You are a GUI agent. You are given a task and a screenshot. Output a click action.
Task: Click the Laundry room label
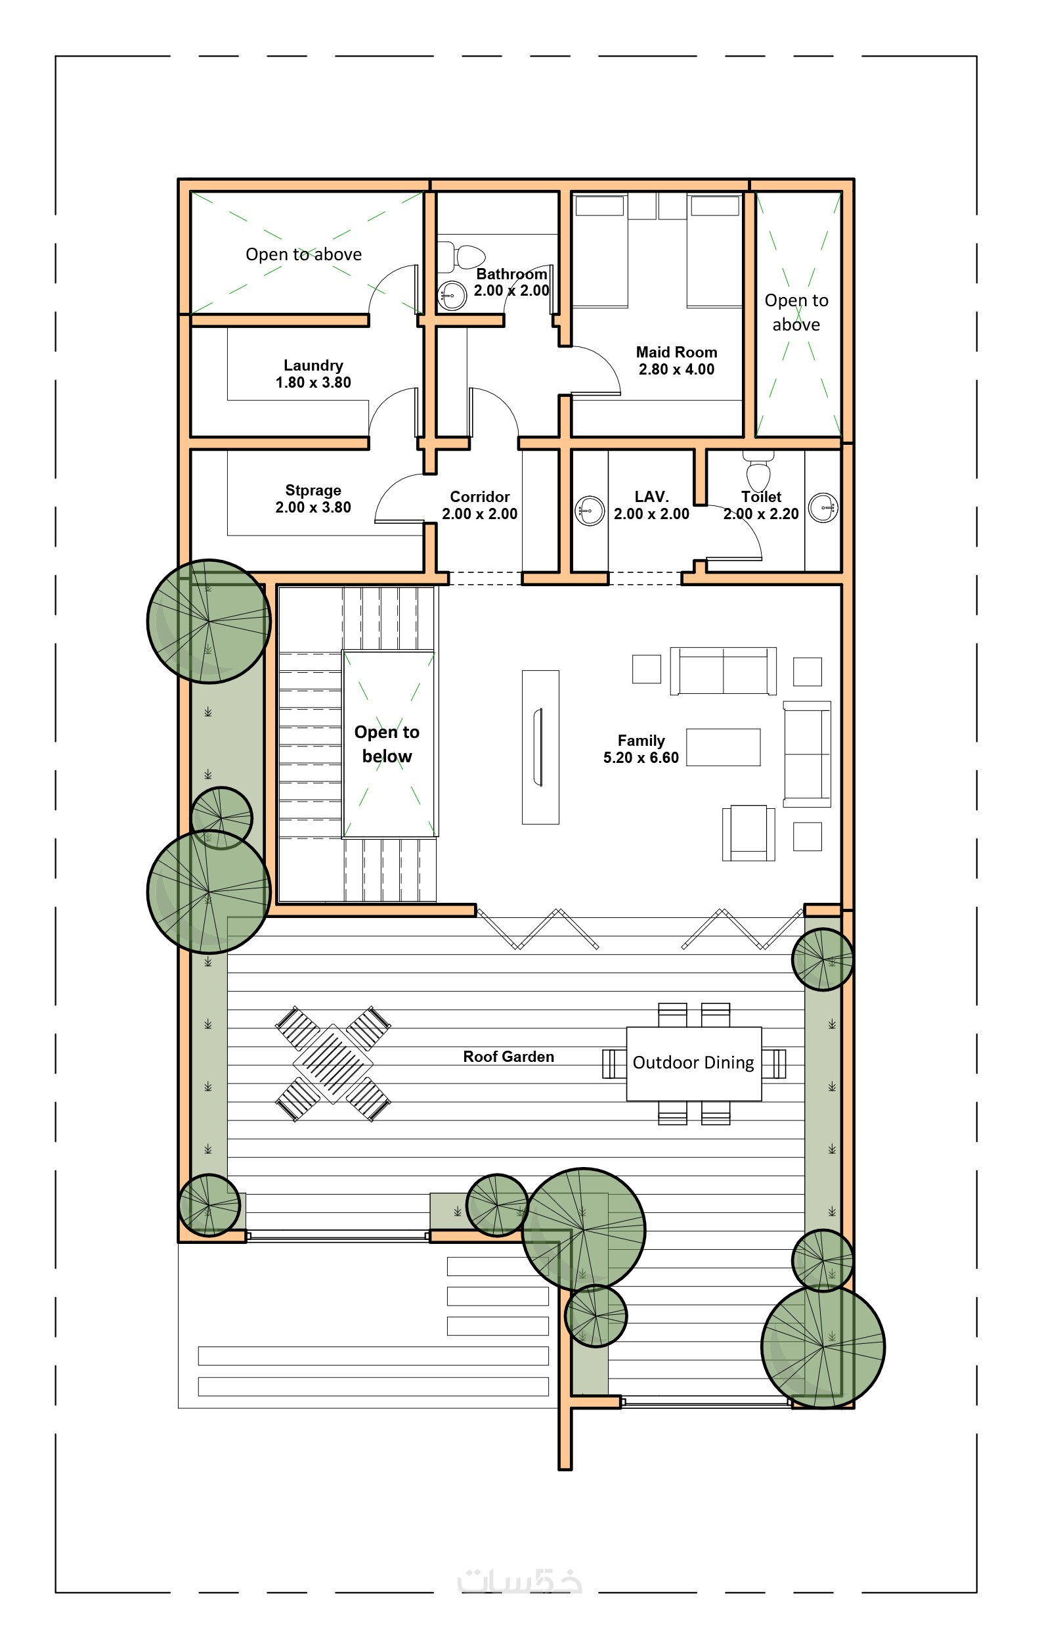click(313, 365)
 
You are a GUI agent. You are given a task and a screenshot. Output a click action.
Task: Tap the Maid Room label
click(676, 352)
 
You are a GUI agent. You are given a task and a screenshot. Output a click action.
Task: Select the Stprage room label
click(313, 491)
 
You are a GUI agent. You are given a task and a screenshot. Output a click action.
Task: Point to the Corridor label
click(479, 497)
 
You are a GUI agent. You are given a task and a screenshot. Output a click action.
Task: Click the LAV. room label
click(652, 497)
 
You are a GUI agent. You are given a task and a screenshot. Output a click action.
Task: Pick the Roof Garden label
click(509, 1057)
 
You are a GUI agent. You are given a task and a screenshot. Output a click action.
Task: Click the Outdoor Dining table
click(693, 1063)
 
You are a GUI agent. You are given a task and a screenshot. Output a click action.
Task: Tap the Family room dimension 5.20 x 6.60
click(641, 758)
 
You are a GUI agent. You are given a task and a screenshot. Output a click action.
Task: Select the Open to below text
click(387, 744)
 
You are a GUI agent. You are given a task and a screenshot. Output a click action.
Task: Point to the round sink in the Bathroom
click(452, 295)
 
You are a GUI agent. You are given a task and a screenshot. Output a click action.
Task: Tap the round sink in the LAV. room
click(590, 510)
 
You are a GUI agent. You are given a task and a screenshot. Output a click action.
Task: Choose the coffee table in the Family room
click(724, 747)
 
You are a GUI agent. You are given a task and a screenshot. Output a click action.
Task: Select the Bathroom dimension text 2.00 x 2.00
click(511, 290)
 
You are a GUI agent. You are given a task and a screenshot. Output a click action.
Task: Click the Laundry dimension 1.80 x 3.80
click(313, 382)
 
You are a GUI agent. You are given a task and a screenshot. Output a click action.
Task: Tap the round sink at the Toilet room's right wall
click(823, 507)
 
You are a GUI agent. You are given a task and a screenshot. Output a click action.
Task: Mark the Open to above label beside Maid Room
click(796, 312)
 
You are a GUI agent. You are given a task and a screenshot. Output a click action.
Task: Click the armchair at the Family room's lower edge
click(748, 833)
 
